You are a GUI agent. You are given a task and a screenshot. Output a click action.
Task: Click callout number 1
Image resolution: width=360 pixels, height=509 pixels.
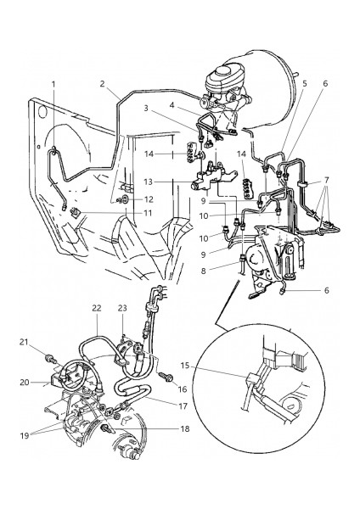point(53,84)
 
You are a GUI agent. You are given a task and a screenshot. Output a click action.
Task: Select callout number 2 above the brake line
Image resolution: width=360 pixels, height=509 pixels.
point(103,84)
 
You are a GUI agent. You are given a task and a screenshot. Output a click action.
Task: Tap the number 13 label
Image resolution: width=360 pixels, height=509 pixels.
point(148,182)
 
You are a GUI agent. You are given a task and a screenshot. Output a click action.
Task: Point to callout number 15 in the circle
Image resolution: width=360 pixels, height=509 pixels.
point(185,366)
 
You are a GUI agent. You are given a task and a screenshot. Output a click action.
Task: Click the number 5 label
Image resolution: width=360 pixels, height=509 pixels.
point(305,83)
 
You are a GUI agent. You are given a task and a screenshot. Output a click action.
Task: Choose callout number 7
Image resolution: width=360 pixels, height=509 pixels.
point(327,179)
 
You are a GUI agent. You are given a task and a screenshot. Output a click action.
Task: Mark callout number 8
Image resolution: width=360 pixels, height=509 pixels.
point(204,271)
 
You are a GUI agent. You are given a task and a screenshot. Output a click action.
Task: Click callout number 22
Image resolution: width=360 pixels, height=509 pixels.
point(97,308)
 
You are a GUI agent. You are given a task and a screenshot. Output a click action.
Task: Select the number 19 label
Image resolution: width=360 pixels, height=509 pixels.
point(25,435)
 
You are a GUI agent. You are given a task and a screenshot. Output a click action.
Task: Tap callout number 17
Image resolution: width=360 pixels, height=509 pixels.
point(183,406)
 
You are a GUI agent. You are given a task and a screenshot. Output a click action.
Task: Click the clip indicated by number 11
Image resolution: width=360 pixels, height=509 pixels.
point(75,213)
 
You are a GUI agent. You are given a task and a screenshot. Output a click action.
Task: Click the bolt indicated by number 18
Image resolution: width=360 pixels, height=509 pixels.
point(106,428)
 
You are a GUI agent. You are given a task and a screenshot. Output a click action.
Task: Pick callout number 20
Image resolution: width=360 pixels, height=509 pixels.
point(25,383)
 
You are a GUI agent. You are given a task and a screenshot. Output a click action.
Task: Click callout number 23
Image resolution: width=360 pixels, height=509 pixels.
point(122,308)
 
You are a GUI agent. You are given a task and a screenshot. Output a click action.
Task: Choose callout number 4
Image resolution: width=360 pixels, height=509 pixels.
point(172,105)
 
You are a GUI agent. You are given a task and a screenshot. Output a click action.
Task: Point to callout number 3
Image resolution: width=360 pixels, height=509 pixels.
point(146,108)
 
